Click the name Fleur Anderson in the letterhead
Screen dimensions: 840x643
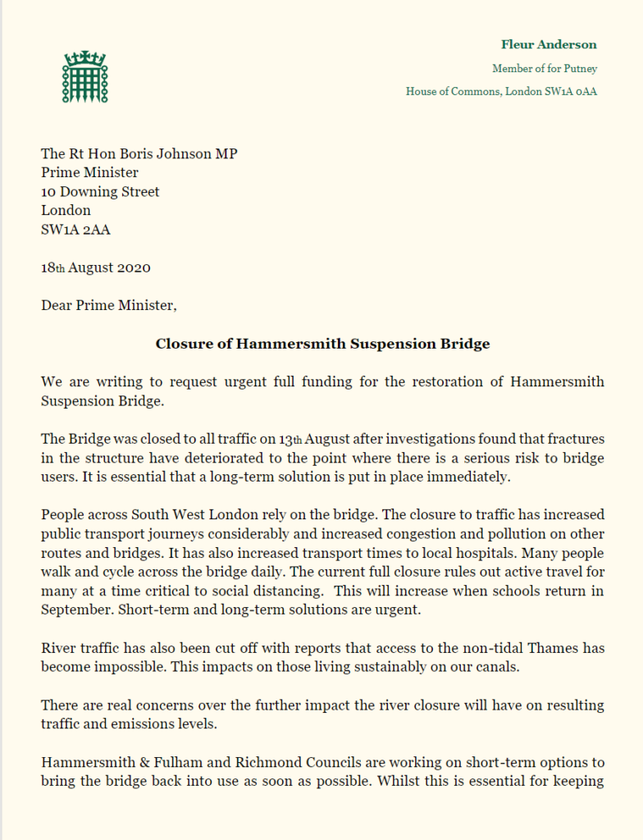tap(549, 44)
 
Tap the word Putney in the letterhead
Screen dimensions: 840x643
tap(579, 69)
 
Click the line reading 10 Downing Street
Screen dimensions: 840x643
tap(100, 192)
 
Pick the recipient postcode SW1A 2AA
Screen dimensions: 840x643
tap(75, 230)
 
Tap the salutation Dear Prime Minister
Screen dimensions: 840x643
tap(108, 307)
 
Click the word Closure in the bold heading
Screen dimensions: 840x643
tap(182, 344)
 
